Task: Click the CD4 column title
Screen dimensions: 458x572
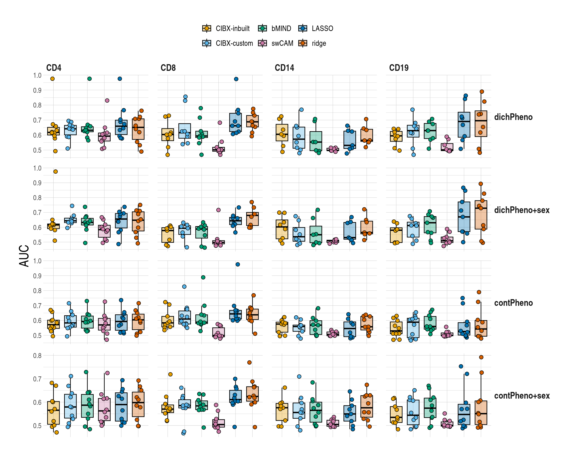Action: click(x=54, y=68)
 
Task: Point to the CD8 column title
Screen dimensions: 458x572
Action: click(x=168, y=68)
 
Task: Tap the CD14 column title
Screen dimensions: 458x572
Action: click(x=284, y=68)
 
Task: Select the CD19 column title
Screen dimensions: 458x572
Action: click(x=398, y=68)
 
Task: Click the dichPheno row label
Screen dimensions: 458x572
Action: click(x=513, y=117)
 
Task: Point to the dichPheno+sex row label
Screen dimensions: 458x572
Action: click(x=521, y=210)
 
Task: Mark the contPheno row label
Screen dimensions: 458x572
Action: click(x=513, y=303)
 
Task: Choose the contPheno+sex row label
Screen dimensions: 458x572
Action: click(x=521, y=396)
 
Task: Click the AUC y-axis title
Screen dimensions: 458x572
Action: click(x=24, y=256)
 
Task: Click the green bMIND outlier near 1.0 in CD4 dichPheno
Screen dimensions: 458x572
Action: click(x=89, y=78)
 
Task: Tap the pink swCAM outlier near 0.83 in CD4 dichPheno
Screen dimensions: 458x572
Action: click(x=107, y=100)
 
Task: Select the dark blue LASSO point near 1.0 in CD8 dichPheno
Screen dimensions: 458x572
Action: click(x=236, y=79)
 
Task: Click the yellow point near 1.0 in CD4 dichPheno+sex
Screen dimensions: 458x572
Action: click(x=56, y=172)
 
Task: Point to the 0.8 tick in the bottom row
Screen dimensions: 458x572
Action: click(x=37, y=355)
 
